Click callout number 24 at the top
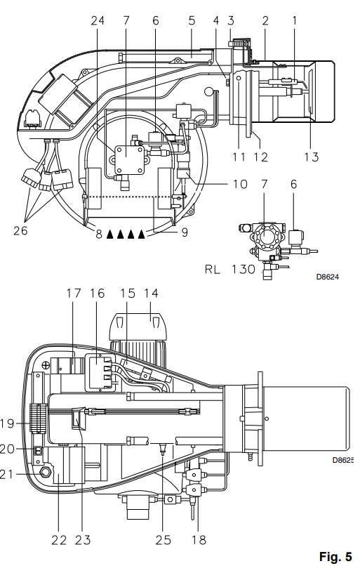tap(97, 20)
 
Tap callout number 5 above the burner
tap(192, 20)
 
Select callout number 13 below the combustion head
tap(312, 157)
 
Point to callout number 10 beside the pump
tap(240, 184)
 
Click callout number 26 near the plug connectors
tap(20, 230)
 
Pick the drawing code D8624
tap(328, 277)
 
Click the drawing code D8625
tap(342, 460)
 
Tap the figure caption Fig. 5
tap(335, 557)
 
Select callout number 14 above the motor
tap(151, 293)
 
